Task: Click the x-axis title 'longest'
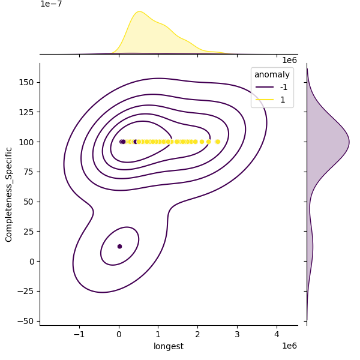point(168,346)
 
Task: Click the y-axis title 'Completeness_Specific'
point(9,194)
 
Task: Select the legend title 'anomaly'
point(272,75)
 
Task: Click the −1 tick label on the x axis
point(79,335)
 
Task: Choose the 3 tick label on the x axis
point(237,335)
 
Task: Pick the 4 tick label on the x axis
point(277,335)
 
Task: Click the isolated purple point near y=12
point(119,247)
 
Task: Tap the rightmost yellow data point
point(218,142)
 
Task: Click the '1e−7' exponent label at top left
point(51,4)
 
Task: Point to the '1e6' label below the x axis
point(289,346)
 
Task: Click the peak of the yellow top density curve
point(139,11)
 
